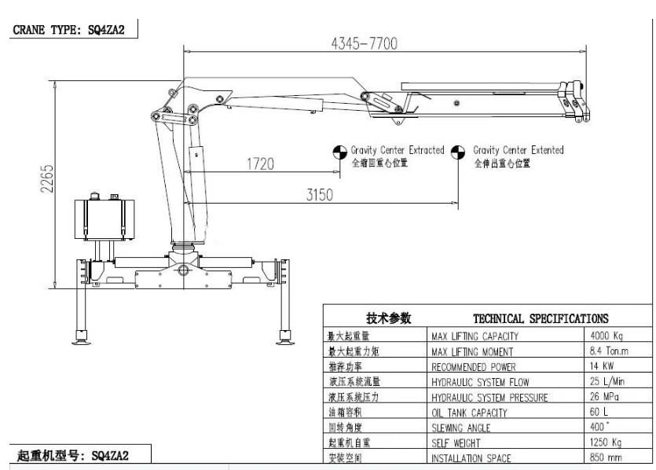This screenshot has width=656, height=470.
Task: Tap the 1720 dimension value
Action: pyautogui.click(x=259, y=164)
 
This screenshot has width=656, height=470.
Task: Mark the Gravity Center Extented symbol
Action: pyautogui.click(x=460, y=154)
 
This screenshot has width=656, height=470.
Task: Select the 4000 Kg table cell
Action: pyautogui.click(x=607, y=336)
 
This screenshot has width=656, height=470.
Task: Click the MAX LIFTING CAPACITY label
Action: pyautogui.click(x=475, y=336)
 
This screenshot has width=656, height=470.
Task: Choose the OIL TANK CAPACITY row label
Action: pyautogui.click(x=469, y=413)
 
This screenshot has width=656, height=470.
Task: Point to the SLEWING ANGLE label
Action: pyautogui.click(x=462, y=428)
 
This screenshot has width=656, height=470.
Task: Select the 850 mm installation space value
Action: pyautogui.click(x=606, y=458)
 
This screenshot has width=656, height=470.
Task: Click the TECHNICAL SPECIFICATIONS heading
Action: pyautogui.click(x=541, y=318)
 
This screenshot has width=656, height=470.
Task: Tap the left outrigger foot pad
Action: pyautogui.click(x=80, y=339)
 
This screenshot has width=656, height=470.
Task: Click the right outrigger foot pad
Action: pyautogui.click(x=284, y=339)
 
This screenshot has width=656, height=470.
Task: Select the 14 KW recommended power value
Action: pyautogui.click(x=602, y=366)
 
